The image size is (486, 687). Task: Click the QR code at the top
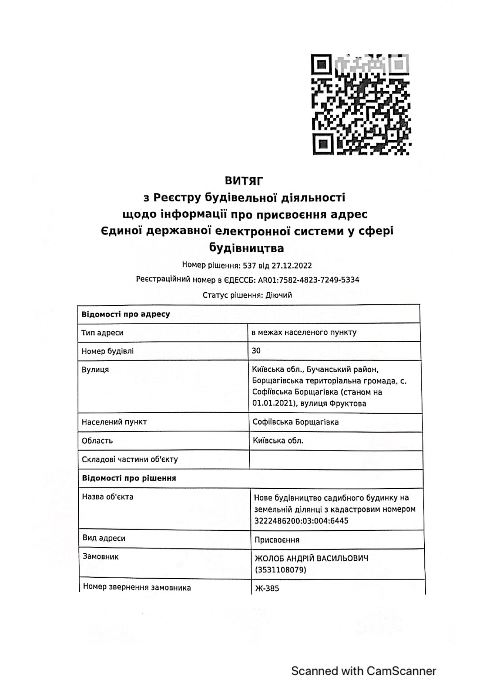[x=361, y=104]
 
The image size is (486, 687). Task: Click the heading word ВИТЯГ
[x=243, y=181]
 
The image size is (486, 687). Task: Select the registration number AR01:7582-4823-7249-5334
[x=308, y=280]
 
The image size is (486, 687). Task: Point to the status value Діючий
[x=279, y=295]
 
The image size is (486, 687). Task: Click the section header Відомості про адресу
[x=126, y=314]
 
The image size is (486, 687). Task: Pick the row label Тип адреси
[x=102, y=333]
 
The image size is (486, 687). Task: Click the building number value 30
[x=256, y=351]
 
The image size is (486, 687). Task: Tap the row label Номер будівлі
[x=108, y=351]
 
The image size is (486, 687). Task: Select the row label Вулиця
[x=95, y=370]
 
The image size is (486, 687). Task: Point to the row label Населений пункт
[x=114, y=422]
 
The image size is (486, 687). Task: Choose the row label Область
[x=97, y=441]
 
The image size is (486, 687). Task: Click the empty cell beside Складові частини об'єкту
[x=335, y=459]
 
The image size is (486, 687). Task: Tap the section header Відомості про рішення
[x=129, y=478]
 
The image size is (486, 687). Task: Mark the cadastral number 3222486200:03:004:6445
[x=301, y=521]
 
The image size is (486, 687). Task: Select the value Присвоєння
[x=277, y=540]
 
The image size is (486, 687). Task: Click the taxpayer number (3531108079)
[x=280, y=570]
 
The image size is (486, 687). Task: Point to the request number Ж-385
[x=267, y=588]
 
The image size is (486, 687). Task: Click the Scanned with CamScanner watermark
[x=364, y=671]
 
